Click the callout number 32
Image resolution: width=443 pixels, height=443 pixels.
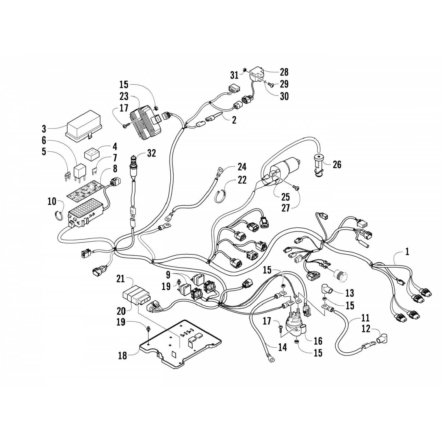coord(152,154)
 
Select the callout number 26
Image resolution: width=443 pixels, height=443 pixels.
coord(337,165)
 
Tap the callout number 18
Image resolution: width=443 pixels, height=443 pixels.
coord(123,356)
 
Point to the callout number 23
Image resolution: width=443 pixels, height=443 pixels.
coord(124,96)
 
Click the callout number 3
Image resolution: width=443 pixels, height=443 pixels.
coord(44,129)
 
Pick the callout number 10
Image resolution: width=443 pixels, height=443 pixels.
coord(52,202)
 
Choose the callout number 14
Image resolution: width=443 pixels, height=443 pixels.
coord(283,347)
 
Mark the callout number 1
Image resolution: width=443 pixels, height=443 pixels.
coord(407,252)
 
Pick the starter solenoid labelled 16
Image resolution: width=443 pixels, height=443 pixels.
coord(295,326)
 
